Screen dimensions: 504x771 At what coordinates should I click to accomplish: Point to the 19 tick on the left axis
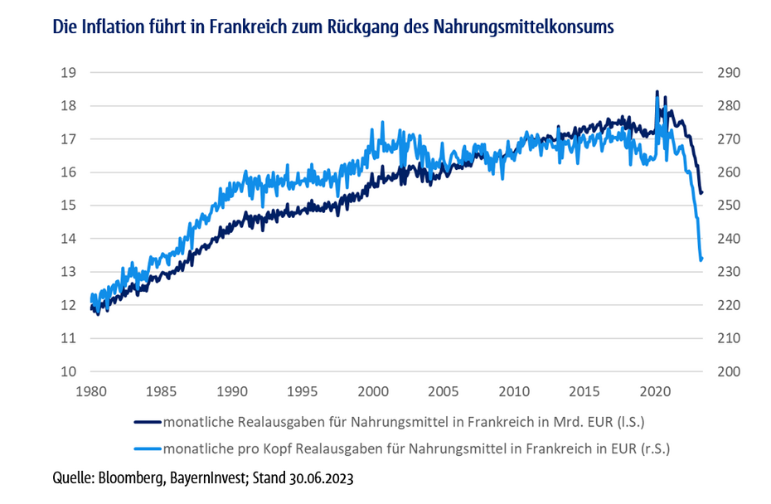[x=69, y=73]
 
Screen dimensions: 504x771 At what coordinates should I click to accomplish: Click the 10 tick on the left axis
[x=69, y=371]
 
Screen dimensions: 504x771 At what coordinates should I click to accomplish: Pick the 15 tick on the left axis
[x=69, y=206]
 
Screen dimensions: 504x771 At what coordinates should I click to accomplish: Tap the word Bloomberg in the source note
[x=131, y=479]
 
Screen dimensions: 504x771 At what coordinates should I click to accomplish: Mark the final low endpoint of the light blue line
[x=701, y=259]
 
